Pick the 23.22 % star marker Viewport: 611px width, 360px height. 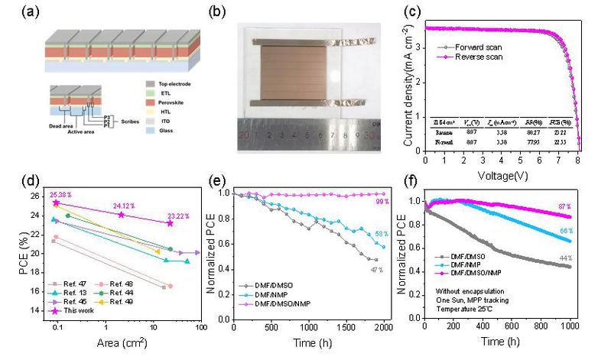[x=170, y=222]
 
